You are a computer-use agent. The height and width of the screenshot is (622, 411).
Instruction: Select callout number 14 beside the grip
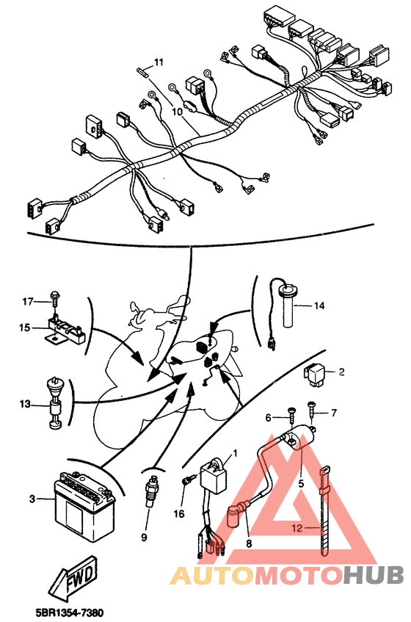pyautogui.click(x=319, y=305)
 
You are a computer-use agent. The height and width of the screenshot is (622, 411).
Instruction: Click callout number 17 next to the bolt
pyautogui.click(x=28, y=300)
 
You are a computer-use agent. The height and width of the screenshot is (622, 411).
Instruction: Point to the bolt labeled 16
pyautogui.click(x=186, y=481)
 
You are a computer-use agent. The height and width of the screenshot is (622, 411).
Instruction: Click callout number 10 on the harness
pyautogui.click(x=177, y=112)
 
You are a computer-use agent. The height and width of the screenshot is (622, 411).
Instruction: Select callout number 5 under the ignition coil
pyautogui.click(x=299, y=484)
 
